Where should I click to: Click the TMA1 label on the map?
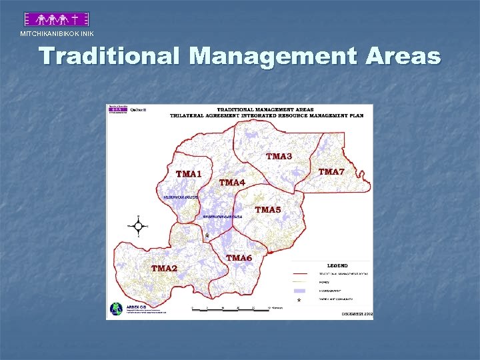click(x=189, y=174)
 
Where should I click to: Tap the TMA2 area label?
click(x=164, y=268)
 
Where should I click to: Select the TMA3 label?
click(x=279, y=157)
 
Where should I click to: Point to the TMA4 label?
click(x=232, y=182)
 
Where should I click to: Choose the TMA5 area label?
click(x=268, y=210)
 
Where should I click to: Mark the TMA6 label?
click(x=239, y=258)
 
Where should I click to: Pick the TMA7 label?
click(x=331, y=172)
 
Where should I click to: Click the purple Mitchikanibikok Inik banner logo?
click(x=56, y=19)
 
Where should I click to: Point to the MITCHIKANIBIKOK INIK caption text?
click(x=57, y=34)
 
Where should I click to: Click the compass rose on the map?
click(x=139, y=226)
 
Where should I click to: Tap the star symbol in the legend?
click(x=298, y=301)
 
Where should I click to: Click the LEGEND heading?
click(x=337, y=263)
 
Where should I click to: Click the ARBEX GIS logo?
click(x=117, y=309)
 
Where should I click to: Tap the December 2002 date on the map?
click(x=357, y=313)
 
